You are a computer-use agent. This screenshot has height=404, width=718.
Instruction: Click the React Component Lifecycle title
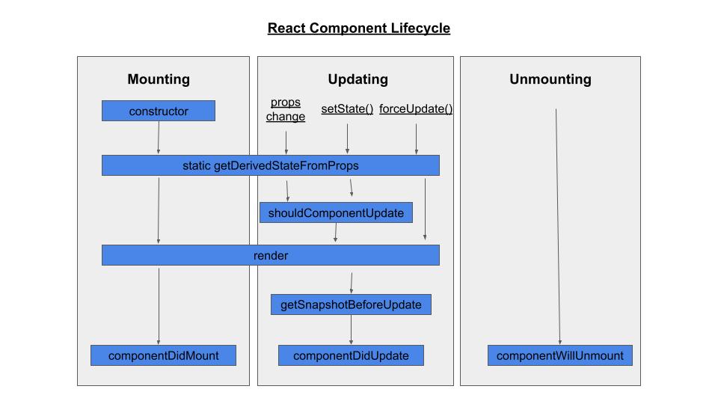[x=359, y=28]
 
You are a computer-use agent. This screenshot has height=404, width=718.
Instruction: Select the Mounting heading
[x=159, y=79]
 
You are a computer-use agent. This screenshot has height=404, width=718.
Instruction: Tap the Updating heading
[x=358, y=79]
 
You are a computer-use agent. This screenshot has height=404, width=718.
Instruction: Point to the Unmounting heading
[x=550, y=79]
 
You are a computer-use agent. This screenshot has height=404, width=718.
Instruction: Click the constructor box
[x=159, y=111]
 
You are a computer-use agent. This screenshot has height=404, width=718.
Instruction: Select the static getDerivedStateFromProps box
[x=270, y=165]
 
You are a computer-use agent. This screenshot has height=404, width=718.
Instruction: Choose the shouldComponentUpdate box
[x=336, y=213]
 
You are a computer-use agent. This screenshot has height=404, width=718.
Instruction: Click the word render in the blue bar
[x=271, y=256]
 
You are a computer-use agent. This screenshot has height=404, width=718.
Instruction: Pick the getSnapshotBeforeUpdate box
[x=351, y=304]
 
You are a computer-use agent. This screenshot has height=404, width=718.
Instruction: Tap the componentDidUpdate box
[x=351, y=355]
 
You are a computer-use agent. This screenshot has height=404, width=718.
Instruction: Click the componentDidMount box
[x=163, y=355]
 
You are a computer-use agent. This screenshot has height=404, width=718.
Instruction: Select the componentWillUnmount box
[x=559, y=355]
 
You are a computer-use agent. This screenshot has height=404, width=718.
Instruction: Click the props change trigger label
[x=286, y=109]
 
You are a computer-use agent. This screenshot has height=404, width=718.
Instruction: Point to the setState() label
[x=347, y=109]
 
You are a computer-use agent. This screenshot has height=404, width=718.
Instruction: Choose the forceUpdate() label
[x=416, y=109]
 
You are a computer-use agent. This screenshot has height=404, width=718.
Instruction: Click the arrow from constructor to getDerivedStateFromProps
[x=159, y=138]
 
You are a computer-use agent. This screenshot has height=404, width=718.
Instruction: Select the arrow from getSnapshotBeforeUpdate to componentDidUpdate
[x=351, y=329]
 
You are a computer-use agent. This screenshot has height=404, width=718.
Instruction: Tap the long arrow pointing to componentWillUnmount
[x=558, y=224]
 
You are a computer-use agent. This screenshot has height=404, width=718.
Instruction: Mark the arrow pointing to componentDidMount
[x=159, y=307]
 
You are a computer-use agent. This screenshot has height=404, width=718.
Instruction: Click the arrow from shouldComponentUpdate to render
[x=335, y=233]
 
